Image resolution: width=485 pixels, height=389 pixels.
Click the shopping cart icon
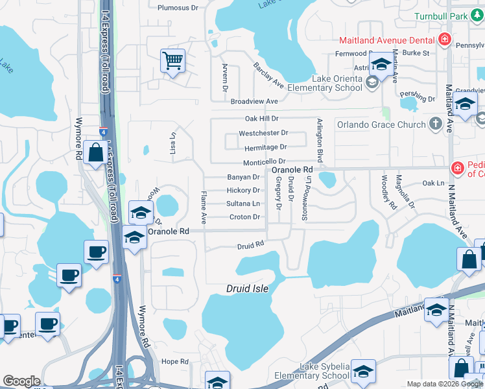(x=173, y=62)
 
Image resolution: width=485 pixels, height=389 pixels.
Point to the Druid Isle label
(x=247, y=288)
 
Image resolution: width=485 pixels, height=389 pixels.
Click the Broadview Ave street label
(x=254, y=102)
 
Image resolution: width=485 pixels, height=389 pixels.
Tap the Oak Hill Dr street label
(x=261, y=119)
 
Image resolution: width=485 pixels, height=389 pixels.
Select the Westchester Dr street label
(x=263, y=133)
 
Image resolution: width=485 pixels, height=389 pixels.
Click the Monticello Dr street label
(x=264, y=162)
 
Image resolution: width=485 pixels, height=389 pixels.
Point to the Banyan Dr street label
(x=243, y=177)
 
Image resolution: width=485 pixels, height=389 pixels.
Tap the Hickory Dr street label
(x=243, y=191)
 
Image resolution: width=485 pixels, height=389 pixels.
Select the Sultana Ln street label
(x=242, y=204)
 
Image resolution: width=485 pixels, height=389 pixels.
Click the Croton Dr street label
(x=244, y=217)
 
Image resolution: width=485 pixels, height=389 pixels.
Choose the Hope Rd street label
(x=175, y=362)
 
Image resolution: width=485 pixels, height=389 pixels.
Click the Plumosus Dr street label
(x=178, y=8)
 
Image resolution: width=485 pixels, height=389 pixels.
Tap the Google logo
(x=21, y=381)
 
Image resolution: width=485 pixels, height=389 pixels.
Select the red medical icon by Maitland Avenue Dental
(x=444, y=40)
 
